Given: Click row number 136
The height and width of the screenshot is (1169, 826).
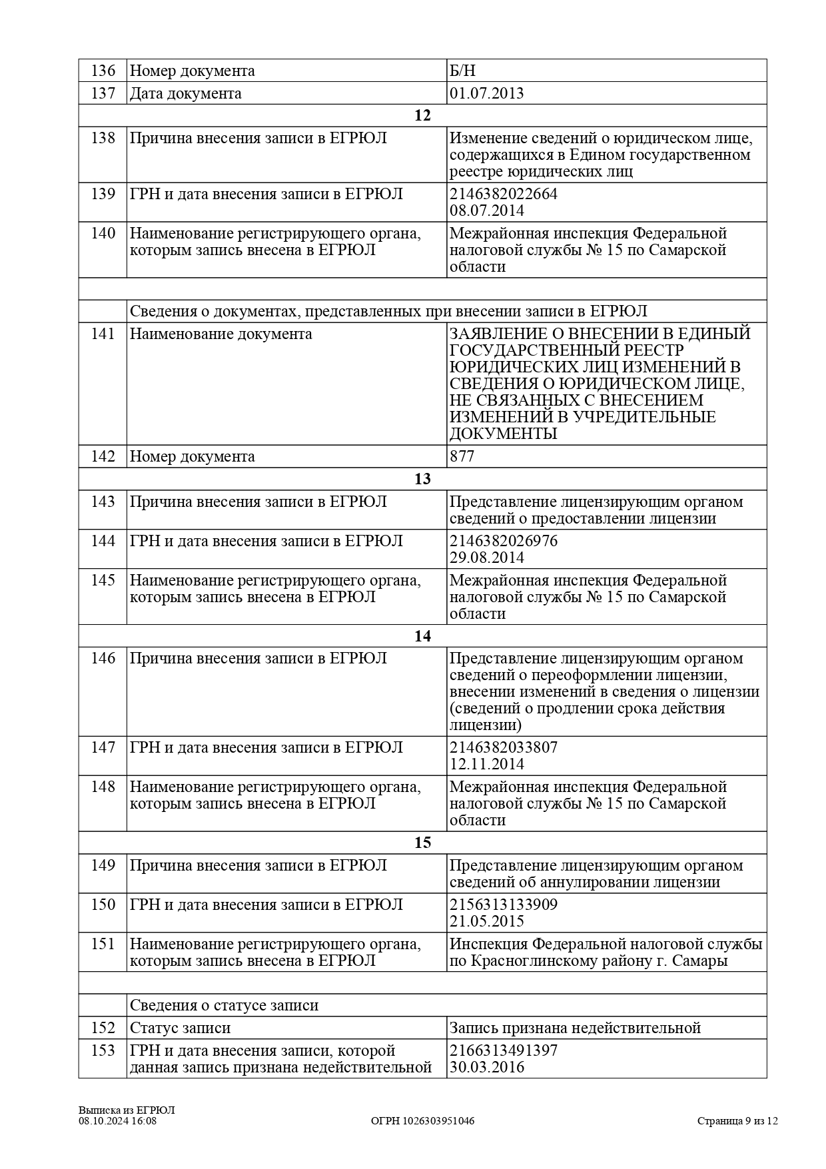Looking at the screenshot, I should [103, 71].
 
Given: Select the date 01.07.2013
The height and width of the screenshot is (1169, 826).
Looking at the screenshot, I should [486, 93].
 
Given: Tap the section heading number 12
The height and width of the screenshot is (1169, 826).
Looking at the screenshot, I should [422, 115].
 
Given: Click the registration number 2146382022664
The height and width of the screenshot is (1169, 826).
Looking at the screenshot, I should [503, 194].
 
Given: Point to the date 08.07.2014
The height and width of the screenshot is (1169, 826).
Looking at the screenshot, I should [486, 210].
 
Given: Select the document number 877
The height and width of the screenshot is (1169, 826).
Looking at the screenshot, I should [462, 456].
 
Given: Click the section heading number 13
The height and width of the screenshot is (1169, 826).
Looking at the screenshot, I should [422, 479].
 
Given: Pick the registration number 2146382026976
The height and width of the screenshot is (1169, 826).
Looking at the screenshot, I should [503, 541].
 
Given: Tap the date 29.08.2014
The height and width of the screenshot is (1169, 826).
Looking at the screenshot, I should [486, 558].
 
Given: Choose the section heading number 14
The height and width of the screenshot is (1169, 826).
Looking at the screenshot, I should [422, 636].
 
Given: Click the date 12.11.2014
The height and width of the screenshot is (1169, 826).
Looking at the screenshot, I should [486, 764].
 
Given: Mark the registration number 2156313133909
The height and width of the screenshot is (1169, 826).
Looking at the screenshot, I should [503, 905].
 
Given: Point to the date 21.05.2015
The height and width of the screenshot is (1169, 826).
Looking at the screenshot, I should [486, 921].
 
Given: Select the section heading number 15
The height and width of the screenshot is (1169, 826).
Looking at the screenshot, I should [422, 843].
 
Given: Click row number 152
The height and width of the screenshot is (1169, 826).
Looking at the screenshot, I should [103, 1028].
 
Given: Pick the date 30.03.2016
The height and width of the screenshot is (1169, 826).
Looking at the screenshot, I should [486, 1067].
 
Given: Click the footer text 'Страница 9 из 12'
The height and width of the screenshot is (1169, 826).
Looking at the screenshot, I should [737, 1120].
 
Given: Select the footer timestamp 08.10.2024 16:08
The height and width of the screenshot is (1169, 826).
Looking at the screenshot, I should [117, 1120].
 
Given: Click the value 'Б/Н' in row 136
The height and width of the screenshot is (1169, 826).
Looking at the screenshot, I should [462, 71].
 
